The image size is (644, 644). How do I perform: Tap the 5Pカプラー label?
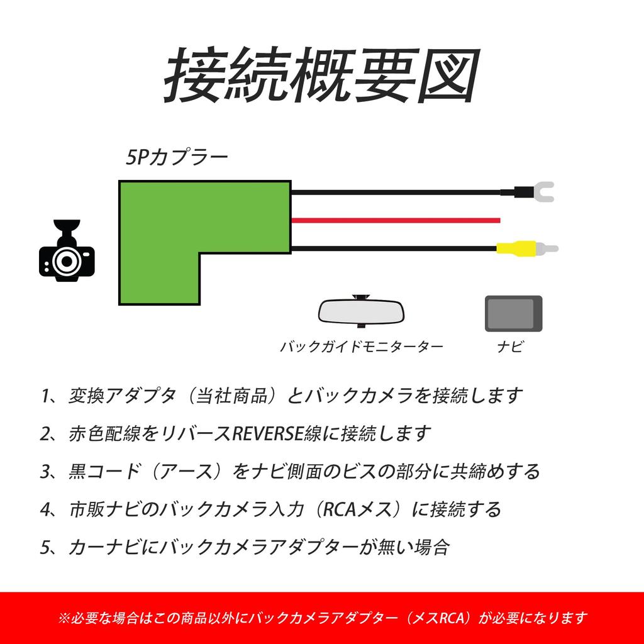tap(177, 157)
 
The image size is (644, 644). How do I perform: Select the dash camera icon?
tap(66, 252)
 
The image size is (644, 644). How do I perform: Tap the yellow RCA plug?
tap(516, 248)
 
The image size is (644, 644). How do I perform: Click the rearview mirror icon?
tap(362, 311)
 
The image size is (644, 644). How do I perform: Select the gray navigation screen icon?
tap(513, 313)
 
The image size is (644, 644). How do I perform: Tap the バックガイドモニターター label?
tap(362, 347)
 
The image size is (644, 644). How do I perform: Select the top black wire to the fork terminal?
tap(396, 191)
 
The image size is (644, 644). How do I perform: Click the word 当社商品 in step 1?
tap(228, 396)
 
